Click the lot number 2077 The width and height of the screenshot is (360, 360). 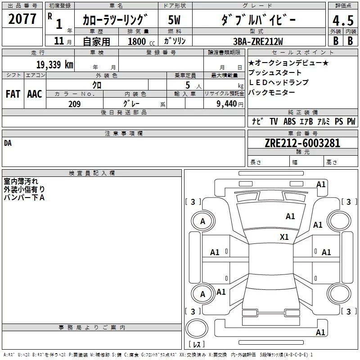[x=22, y=19]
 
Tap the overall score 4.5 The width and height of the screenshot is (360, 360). [x=343, y=20]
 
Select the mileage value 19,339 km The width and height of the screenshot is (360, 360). [x=54, y=64]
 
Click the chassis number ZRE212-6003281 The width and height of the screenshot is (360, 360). [x=302, y=143]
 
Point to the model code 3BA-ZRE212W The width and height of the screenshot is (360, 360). [x=258, y=41]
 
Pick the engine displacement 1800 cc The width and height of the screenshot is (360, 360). [x=141, y=41]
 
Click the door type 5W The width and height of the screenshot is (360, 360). [x=174, y=20]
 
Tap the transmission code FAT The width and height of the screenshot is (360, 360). [x=13, y=94]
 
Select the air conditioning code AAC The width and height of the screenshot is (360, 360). [x=35, y=94]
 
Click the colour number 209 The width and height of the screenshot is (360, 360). [x=74, y=104]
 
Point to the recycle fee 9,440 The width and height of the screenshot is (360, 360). [x=227, y=104]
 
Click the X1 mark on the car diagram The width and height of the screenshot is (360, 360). [x=284, y=237]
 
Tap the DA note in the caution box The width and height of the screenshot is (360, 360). [x=8, y=143]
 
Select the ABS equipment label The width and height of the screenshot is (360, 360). [x=289, y=121]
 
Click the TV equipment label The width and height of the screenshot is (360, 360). [x=274, y=121]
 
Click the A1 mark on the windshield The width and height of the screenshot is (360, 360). [x=290, y=216]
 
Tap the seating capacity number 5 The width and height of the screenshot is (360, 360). [x=188, y=85]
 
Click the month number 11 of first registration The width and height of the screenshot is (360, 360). [x=59, y=41]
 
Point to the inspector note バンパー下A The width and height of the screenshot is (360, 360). [x=24, y=198]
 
